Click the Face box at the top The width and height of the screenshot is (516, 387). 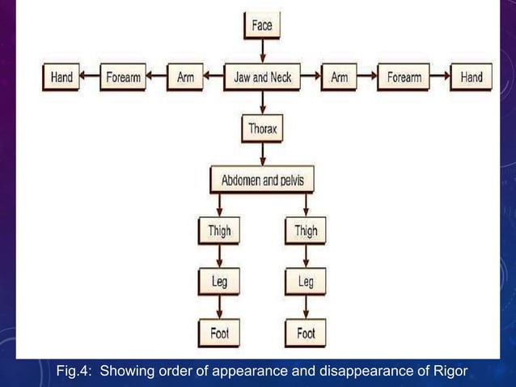click(x=262, y=25)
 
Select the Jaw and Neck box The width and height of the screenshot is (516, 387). click(x=262, y=78)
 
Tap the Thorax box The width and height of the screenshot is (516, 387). click(x=262, y=128)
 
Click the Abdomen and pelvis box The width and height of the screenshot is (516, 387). click(x=262, y=180)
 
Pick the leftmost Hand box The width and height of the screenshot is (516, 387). click(x=61, y=78)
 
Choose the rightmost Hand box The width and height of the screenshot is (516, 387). click(x=471, y=78)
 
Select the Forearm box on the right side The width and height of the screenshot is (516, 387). click(x=404, y=78)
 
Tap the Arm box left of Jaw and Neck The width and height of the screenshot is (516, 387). click(x=185, y=78)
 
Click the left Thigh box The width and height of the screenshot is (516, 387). click(x=219, y=232)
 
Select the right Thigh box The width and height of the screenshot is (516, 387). click(x=306, y=232)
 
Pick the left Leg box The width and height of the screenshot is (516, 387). click(x=219, y=282)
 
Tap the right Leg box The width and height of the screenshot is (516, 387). click(x=306, y=282)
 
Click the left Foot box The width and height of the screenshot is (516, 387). click(x=219, y=333)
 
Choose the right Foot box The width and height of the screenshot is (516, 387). click(x=306, y=333)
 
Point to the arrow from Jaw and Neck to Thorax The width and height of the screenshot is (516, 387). click(x=262, y=103)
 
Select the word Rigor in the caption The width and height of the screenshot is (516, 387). click(x=450, y=372)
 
